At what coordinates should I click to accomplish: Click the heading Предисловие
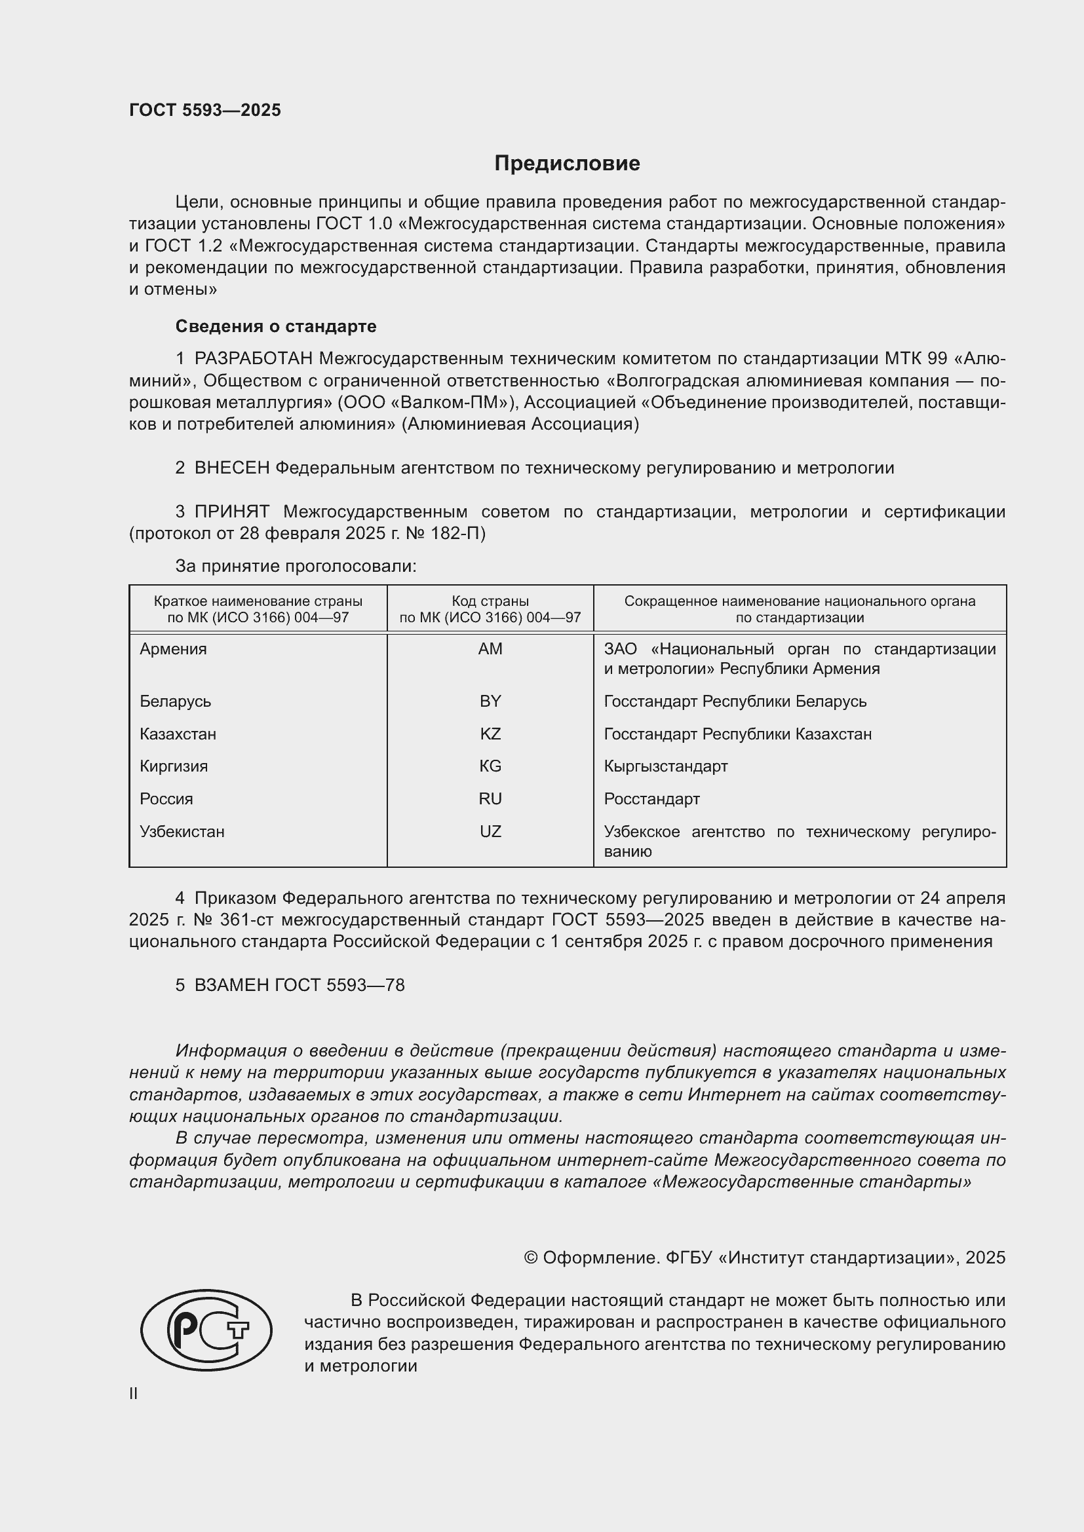click(x=567, y=164)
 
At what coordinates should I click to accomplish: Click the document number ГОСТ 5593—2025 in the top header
click(x=205, y=110)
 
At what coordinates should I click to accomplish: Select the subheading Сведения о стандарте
click(x=276, y=326)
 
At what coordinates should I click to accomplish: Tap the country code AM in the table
click(x=490, y=649)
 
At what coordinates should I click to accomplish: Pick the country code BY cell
click(x=490, y=701)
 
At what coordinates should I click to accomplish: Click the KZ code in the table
click(x=490, y=734)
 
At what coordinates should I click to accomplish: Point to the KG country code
click(x=490, y=766)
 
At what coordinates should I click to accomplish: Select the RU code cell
click(x=490, y=798)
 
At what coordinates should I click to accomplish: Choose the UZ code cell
click(x=490, y=831)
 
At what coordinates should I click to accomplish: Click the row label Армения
click(x=173, y=649)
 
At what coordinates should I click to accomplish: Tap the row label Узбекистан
click(x=182, y=831)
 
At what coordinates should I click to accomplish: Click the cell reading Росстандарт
click(x=651, y=798)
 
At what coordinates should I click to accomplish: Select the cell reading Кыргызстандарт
click(x=665, y=766)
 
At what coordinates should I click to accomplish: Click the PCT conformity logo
click(x=206, y=1330)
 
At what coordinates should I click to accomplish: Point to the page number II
click(x=134, y=1394)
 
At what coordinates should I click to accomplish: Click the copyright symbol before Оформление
click(x=531, y=1258)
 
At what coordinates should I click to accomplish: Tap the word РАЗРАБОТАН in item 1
click(x=253, y=359)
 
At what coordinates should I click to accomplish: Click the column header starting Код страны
click(x=490, y=609)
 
